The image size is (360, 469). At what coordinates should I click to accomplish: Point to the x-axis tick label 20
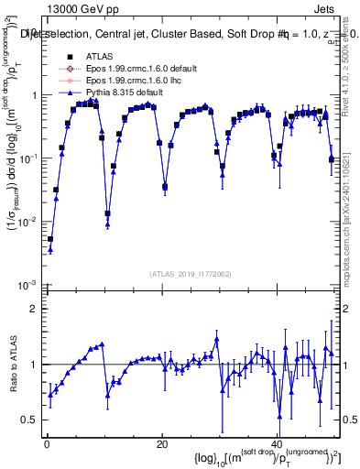coord(161,443)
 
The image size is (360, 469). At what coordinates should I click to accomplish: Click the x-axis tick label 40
coord(278,443)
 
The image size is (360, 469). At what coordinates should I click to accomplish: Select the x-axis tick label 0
coord(46,443)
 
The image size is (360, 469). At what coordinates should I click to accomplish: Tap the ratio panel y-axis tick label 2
coord(33,309)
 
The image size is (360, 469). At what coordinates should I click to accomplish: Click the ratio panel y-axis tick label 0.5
coord(29,420)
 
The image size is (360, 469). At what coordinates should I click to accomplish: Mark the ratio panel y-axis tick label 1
coord(33,365)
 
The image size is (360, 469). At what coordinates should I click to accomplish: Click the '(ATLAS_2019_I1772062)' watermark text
coord(190,273)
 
